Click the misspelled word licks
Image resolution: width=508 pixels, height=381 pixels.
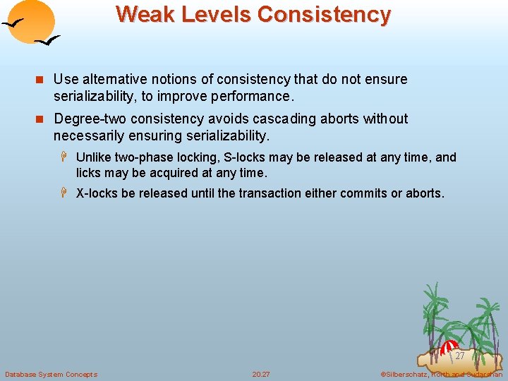click(90, 172)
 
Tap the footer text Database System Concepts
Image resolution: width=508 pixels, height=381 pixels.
click(51, 374)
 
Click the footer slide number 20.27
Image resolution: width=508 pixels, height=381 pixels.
click(261, 374)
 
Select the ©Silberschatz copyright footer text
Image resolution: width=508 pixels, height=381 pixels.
click(441, 374)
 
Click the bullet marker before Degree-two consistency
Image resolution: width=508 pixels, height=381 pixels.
click(42, 119)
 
